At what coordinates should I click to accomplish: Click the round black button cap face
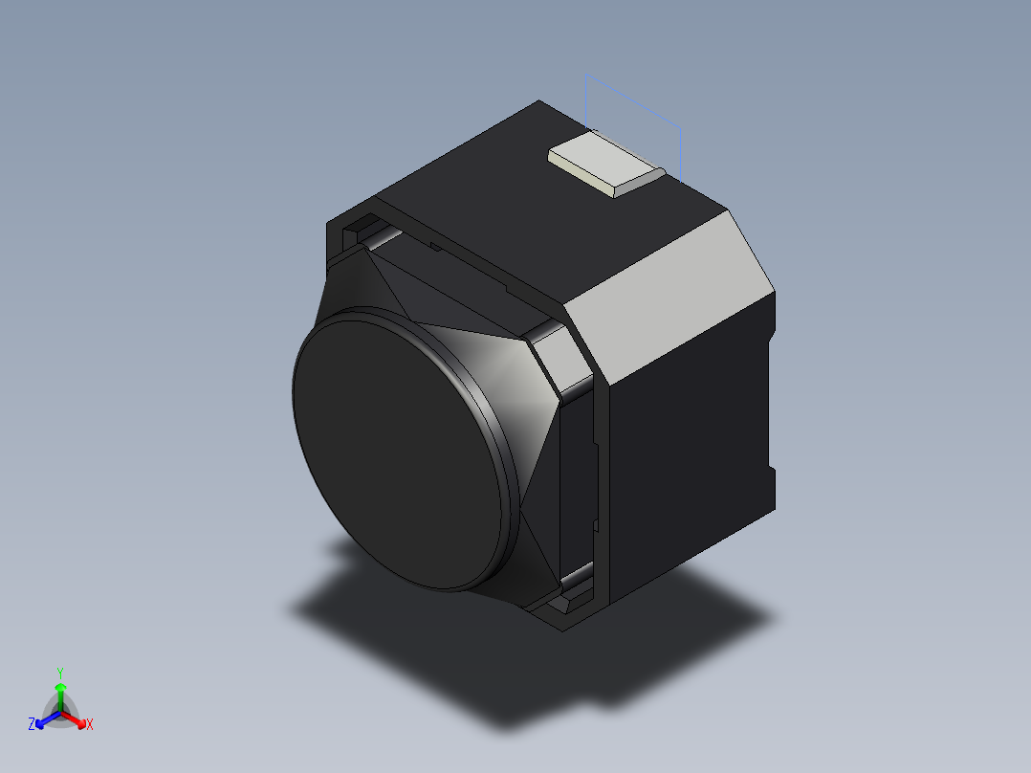tap(402, 450)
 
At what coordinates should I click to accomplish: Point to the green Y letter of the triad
tap(59, 672)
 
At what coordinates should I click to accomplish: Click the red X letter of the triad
tap(90, 725)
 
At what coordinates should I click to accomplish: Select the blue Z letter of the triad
tap(32, 724)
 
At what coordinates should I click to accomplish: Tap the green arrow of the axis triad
tap(60, 691)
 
